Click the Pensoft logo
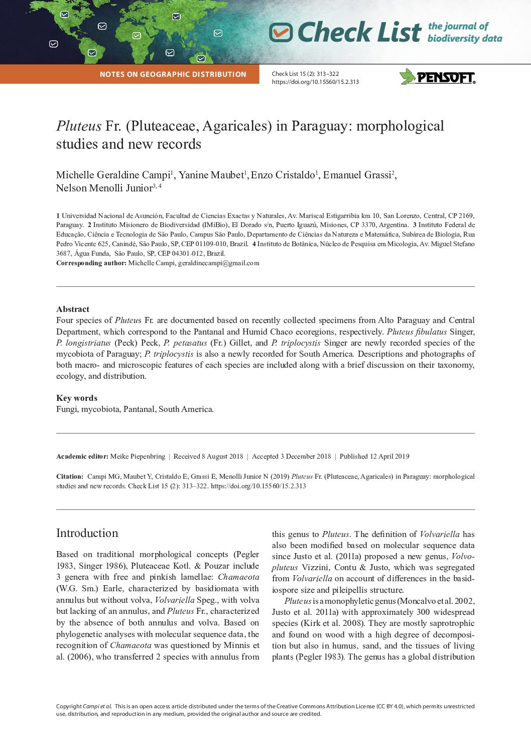coord(437,77)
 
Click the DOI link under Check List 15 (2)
coord(315,82)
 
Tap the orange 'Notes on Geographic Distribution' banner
coord(173,74)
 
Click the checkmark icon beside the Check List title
coord(281,33)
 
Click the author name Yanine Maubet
coord(211,175)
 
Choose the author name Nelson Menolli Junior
coord(104,188)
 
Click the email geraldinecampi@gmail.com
coord(218,263)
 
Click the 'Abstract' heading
coord(73,309)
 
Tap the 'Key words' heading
coord(77,398)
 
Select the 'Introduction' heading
coord(87,533)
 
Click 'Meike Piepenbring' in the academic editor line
coord(138,456)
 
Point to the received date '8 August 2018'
coord(222,456)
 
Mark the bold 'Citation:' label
coord(70,476)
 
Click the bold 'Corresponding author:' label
coord(91,263)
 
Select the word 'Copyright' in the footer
coord(69,706)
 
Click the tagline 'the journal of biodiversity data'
coord(464,32)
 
